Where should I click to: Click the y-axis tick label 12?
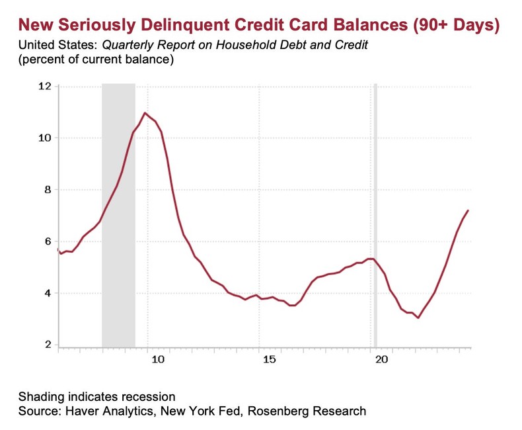45,87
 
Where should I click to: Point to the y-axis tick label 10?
45,138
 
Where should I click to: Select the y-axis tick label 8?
48,190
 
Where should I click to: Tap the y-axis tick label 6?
48,241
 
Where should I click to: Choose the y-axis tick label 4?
48,293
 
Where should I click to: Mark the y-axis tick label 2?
48,345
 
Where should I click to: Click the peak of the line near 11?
145,113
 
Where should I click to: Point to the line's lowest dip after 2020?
418,318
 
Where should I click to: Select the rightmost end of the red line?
468,210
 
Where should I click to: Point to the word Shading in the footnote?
42,397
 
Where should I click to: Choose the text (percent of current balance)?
95,60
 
